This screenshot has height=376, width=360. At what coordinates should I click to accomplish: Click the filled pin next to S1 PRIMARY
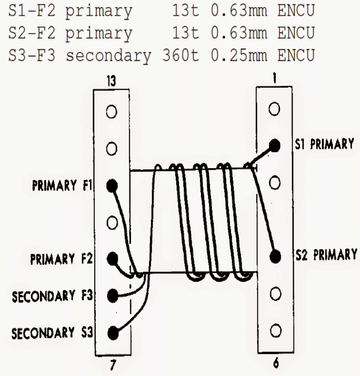pyautogui.click(x=274, y=145)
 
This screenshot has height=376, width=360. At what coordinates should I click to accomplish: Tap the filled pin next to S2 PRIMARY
pyautogui.click(x=275, y=256)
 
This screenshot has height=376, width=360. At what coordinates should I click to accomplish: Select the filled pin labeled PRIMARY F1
pyautogui.click(x=112, y=185)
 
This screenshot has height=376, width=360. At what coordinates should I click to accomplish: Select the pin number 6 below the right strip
pyautogui.click(x=274, y=363)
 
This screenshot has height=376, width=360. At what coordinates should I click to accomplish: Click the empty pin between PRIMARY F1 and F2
pyautogui.click(x=112, y=222)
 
